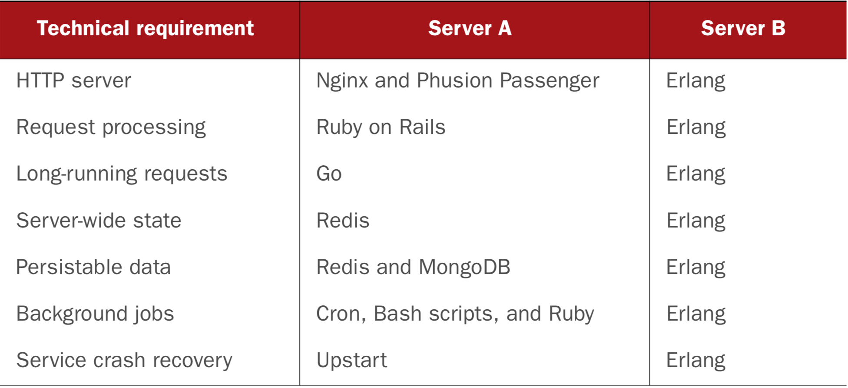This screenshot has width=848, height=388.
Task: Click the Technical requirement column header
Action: pos(145,29)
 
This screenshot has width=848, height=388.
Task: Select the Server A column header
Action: pos(470,28)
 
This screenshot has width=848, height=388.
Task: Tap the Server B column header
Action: pos(743,28)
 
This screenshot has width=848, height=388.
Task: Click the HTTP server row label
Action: pos(73,80)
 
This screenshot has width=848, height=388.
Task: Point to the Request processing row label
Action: pos(111,127)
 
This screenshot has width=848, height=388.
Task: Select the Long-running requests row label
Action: pos(122,174)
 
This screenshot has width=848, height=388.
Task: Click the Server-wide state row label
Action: pos(99,220)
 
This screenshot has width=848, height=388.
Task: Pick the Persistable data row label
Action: pos(93,267)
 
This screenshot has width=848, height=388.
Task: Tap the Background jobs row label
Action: pos(95,314)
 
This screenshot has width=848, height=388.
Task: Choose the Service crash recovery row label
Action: pos(124,360)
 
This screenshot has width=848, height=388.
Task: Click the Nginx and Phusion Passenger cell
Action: pos(458,81)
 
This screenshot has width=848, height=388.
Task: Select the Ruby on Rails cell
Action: pos(381,127)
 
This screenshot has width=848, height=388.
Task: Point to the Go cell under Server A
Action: pos(329,174)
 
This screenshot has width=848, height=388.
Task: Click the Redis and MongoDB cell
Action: pos(414,267)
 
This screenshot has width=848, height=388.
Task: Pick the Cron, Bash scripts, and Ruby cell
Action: pos(455,314)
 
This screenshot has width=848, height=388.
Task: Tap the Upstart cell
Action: pos(352,360)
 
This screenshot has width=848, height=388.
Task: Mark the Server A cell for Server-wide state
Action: pos(343,221)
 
